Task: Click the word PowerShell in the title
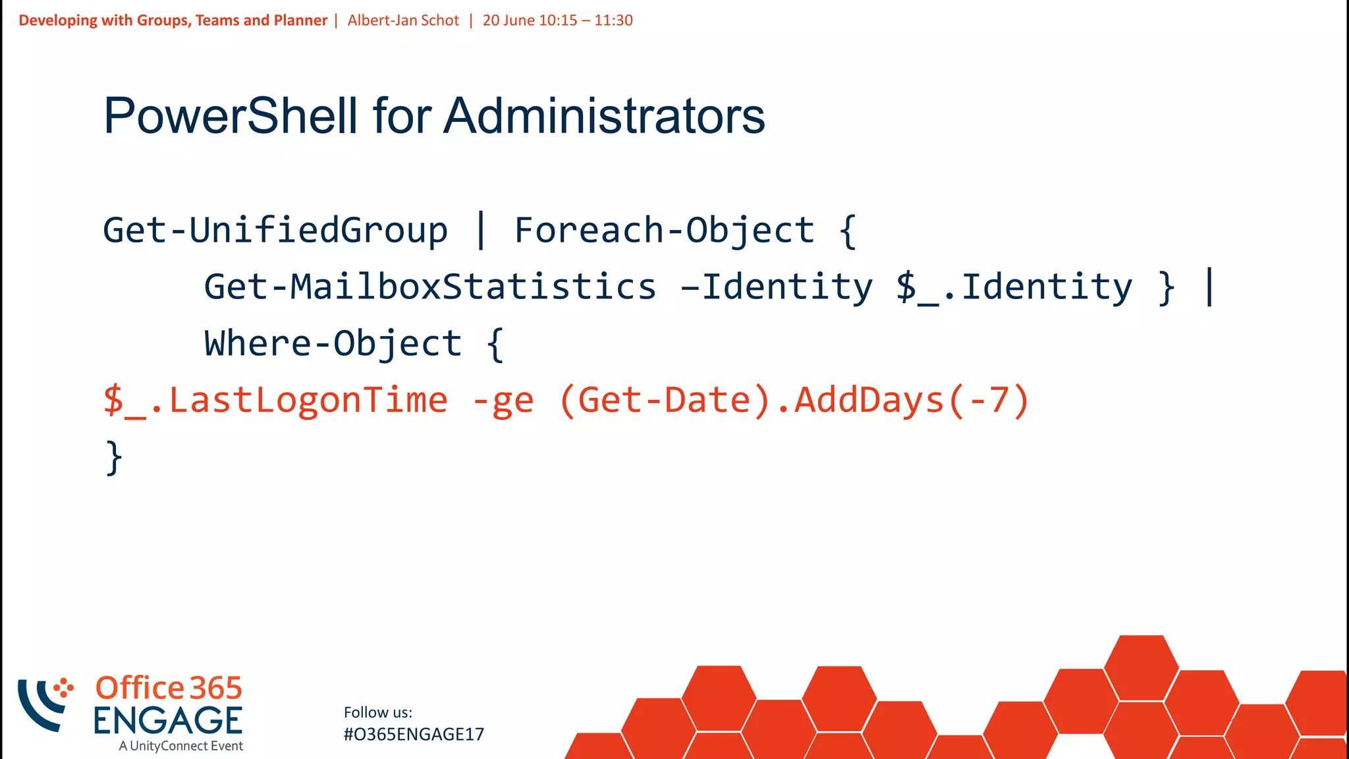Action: click(231, 116)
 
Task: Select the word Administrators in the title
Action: click(604, 116)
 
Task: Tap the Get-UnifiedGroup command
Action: click(275, 231)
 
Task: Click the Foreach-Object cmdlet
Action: click(664, 231)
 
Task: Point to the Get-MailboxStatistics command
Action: click(430, 287)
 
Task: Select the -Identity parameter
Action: click(777, 287)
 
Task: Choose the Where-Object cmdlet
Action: click(333, 344)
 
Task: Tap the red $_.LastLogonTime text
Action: click(275, 401)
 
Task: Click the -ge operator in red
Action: click(503, 401)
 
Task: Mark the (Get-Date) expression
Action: click(665, 401)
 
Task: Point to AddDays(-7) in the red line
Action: click(912, 401)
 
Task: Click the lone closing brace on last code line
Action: click(114, 457)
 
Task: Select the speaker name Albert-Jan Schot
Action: click(403, 20)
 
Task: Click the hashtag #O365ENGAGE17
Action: click(414, 734)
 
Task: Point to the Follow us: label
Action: click(378, 712)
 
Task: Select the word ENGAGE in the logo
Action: click(168, 720)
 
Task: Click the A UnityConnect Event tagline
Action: click(181, 746)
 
